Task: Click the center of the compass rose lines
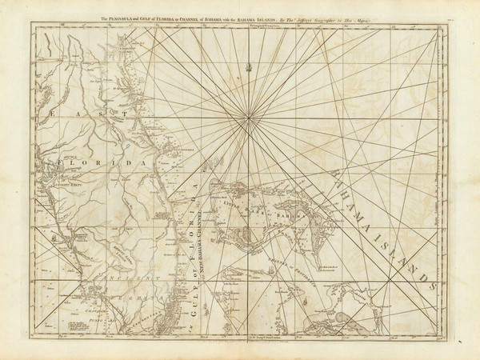(250, 118)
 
